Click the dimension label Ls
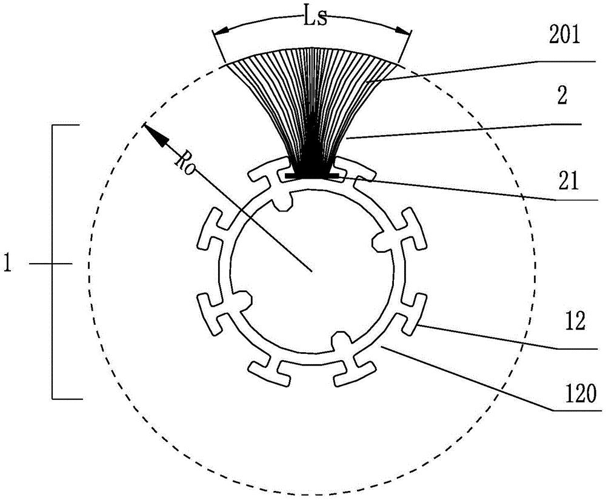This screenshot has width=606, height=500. coord(315,18)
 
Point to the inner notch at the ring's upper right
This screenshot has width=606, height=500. coord(381,242)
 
